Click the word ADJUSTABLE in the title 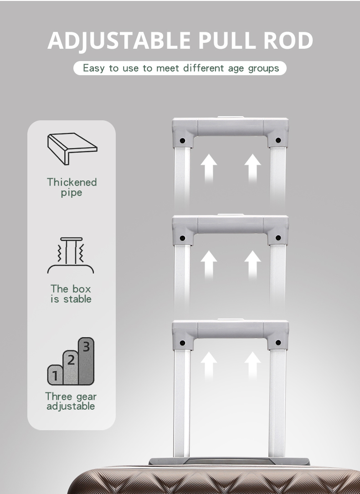(119, 41)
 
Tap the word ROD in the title (288, 40)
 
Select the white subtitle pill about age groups (180, 68)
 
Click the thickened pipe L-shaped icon (72, 149)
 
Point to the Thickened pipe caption (72, 187)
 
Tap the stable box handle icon (71, 255)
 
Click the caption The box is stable (71, 293)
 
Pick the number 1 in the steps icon (55, 376)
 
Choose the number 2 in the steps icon (71, 360)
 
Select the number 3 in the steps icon (86, 347)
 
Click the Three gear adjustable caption (71, 401)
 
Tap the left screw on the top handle (182, 140)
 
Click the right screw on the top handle (278, 140)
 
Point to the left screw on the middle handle (182, 238)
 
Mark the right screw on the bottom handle (278, 342)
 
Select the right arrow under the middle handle (252, 265)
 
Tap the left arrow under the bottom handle (209, 365)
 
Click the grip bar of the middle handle (230, 224)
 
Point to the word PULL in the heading (227, 40)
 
